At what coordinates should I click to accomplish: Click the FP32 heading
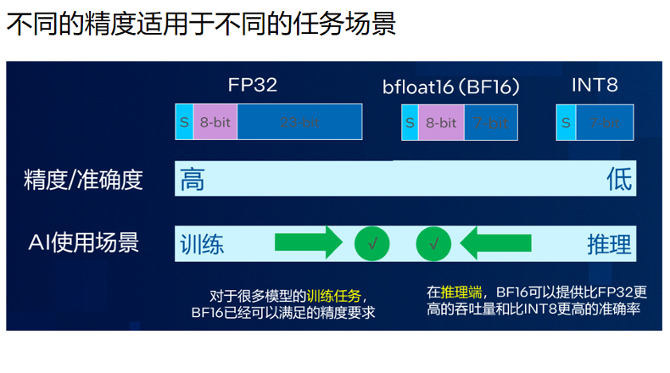[252, 85]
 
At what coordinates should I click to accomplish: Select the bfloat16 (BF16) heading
[450, 86]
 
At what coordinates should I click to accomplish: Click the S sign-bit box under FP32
[184, 122]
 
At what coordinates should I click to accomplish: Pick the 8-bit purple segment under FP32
[215, 122]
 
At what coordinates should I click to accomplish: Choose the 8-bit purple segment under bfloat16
[441, 123]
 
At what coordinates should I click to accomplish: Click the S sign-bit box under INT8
[566, 123]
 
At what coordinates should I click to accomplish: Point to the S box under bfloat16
[410, 123]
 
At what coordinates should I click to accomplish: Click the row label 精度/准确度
[83, 180]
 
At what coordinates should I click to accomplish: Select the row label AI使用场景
[83, 244]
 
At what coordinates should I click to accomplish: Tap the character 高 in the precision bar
[193, 180]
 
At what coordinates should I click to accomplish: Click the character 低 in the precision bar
[619, 180]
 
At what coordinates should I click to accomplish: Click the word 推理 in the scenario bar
[609, 245]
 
